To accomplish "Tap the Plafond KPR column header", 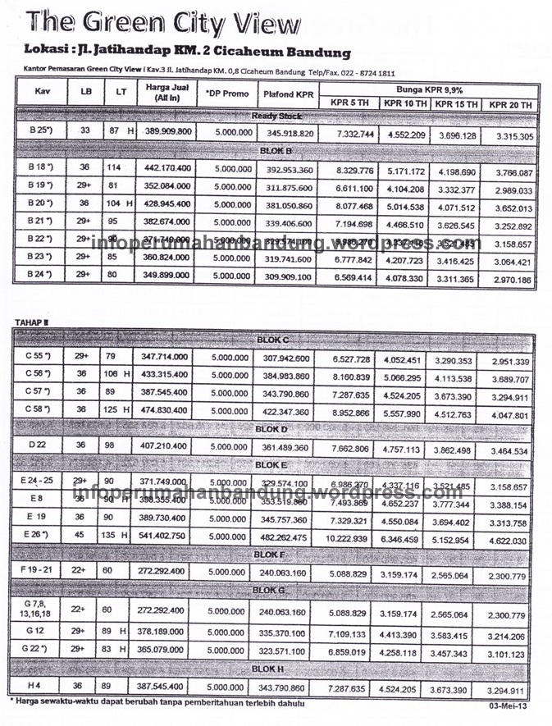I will click(x=289, y=94).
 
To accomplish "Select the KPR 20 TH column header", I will click(x=510, y=104).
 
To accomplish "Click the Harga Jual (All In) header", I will click(x=167, y=93).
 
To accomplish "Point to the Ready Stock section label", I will click(x=276, y=116).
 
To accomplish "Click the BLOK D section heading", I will click(x=272, y=429).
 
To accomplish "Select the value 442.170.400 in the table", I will click(x=167, y=168).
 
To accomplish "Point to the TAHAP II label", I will click(x=32, y=322).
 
